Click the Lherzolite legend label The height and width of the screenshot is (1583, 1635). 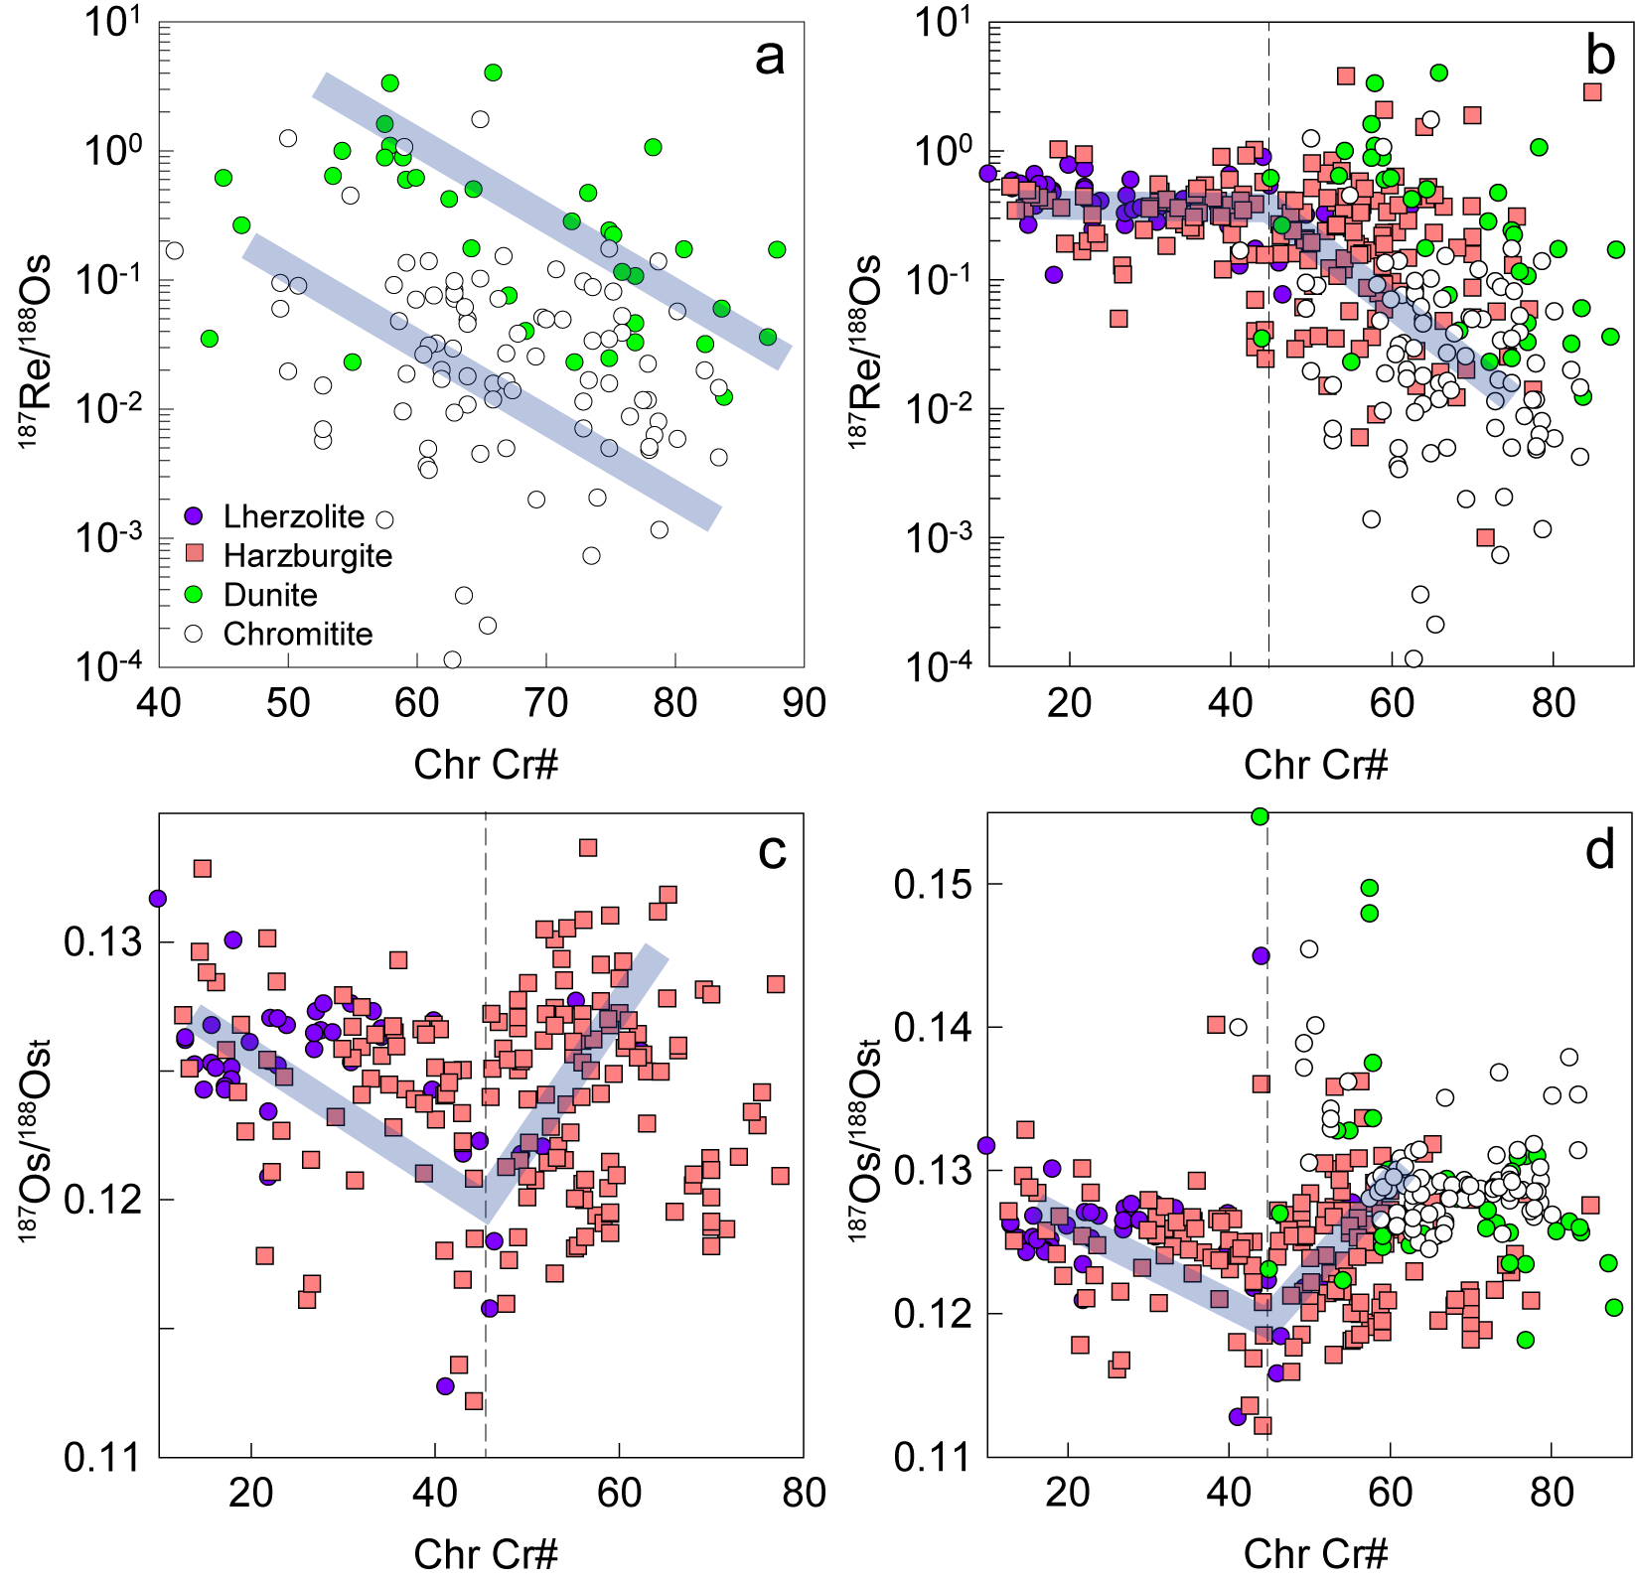pyautogui.click(x=294, y=516)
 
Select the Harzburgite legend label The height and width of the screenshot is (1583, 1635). pyautogui.click(x=308, y=555)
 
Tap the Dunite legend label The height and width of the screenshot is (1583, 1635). pyautogui.click(x=270, y=595)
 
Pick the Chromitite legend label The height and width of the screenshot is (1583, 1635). pyautogui.click(x=298, y=634)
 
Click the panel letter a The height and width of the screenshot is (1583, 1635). pyautogui.click(x=769, y=57)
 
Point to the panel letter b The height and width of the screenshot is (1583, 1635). pyautogui.click(x=1600, y=57)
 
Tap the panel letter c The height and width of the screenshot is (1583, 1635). pyautogui.click(x=772, y=850)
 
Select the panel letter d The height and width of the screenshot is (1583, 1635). pyautogui.click(x=1600, y=850)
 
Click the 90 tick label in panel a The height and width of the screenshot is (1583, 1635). pyautogui.click(x=804, y=703)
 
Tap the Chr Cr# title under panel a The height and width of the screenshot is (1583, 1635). pyautogui.click(x=486, y=765)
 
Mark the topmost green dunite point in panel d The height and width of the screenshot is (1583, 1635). pyautogui.click(x=1260, y=816)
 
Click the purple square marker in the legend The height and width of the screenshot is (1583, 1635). pyautogui.click(x=194, y=516)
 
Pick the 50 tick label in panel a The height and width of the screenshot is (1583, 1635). pyautogui.click(x=288, y=703)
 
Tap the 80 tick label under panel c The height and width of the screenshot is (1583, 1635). pyautogui.click(x=804, y=1493)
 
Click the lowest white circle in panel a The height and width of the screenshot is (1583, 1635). pyautogui.click(x=452, y=659)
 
